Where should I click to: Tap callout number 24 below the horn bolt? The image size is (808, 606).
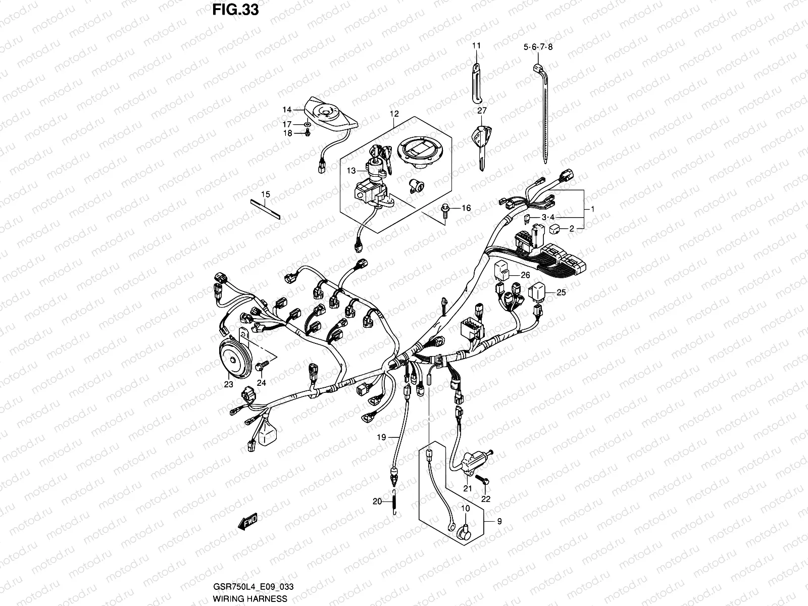click(x=261, y=383)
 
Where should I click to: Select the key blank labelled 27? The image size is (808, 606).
click(x=481, y=146)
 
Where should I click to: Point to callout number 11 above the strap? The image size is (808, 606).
click(x=477, y=45)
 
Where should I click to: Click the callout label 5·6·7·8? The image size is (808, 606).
click(x=538, y=47)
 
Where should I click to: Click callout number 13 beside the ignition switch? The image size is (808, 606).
click(x=351, y=171)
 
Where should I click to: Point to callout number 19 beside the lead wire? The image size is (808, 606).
click(x=381, y=437)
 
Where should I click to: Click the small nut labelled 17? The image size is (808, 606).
click(x=307, y=124)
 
